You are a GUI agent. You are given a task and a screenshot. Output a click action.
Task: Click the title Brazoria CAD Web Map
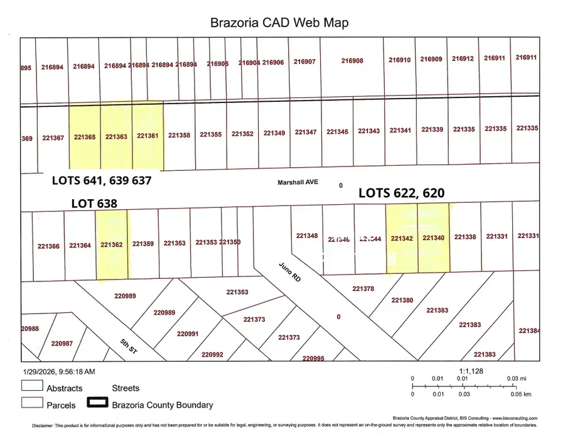pos(279,23)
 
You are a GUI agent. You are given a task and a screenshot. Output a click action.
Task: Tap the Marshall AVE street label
pos(298,183)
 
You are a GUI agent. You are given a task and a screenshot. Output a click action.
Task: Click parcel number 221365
pos(84,136)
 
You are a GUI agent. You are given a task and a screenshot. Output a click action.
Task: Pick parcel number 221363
pos(116,136)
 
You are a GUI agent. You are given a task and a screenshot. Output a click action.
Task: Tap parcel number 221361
pos(148,136)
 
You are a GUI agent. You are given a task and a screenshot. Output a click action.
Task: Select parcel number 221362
pos(111,245)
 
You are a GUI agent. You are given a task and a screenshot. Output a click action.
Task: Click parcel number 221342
pos(402,239)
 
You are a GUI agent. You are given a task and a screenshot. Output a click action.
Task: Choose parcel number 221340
pos(433,238)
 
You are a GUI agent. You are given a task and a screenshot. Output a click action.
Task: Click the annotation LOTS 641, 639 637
pos(102,181)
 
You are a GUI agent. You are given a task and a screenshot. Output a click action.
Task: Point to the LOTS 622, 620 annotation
pos(401,193)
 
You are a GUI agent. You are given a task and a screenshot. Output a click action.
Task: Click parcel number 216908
pos(352,61)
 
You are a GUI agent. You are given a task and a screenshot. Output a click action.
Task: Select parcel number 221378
pos(363,288)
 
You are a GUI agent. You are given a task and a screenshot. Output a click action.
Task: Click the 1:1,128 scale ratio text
pos(471,371)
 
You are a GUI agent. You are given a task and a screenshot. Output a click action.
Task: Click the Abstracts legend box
pos(32,386)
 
